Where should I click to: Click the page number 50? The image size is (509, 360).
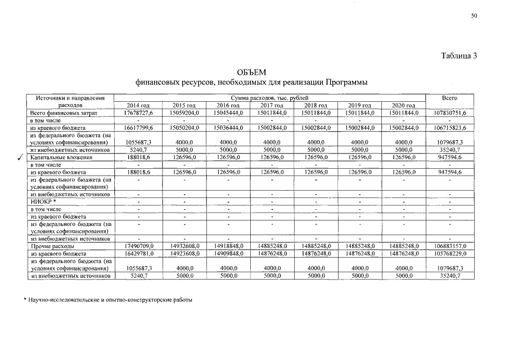(474, 16)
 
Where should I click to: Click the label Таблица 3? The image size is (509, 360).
(459, 56)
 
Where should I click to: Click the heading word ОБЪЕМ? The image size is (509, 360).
(251, 73)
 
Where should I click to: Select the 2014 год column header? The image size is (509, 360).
(138, 106)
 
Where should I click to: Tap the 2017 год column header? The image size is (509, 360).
(272, 106)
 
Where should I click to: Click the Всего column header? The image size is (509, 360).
(449, 98)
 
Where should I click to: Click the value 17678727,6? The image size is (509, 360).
(138, 113)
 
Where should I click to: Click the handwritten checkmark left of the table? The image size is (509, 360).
(20, 159)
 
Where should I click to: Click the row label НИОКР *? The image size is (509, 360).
(43, 201)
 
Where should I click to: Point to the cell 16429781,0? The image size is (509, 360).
(138, 254)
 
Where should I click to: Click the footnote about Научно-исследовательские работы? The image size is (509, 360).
(107, 300)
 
